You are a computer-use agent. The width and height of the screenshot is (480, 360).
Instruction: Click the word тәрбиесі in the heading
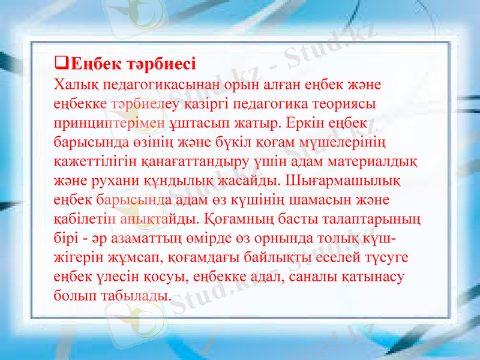click(x=161, y=63)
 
